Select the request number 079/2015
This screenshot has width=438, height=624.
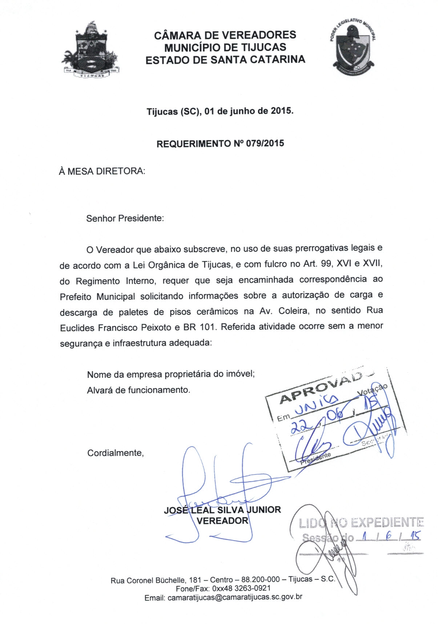[x=265, y=143]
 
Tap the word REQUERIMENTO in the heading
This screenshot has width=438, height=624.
[x=193, y=144]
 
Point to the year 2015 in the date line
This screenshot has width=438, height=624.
[x=281, y=111]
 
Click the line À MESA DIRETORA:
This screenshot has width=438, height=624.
[x=102, y=171]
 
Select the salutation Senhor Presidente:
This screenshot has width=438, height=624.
[x=125, y=218]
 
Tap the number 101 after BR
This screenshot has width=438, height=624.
[x=208, y=327]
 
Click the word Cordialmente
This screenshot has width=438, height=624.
[x=115, y=453]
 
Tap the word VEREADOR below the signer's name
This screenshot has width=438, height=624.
[x=222, y=521]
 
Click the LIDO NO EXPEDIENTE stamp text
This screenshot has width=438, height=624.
[x=361, y=523]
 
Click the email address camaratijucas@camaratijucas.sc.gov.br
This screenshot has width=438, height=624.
[x=235, y=597]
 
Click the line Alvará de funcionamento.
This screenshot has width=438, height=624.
[x=138, y=390]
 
